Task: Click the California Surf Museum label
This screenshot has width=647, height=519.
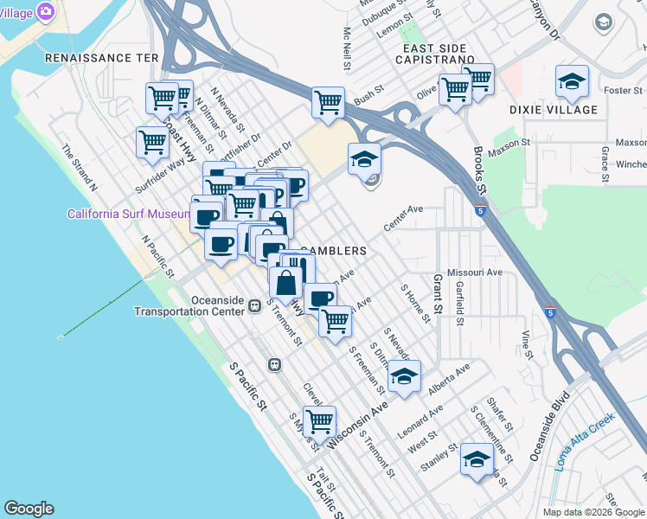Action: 129,214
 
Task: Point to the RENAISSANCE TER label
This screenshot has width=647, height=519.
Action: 101,57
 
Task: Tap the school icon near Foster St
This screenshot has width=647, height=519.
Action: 572,82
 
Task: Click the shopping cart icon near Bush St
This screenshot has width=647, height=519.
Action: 328,102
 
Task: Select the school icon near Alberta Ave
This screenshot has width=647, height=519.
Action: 404,375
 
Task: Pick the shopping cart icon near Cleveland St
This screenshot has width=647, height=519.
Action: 319,421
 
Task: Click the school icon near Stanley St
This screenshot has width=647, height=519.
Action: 477,458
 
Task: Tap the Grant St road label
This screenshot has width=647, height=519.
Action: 437,295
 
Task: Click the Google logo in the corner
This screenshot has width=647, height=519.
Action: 29,509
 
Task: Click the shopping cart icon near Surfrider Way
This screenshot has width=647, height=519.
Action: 152,141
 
